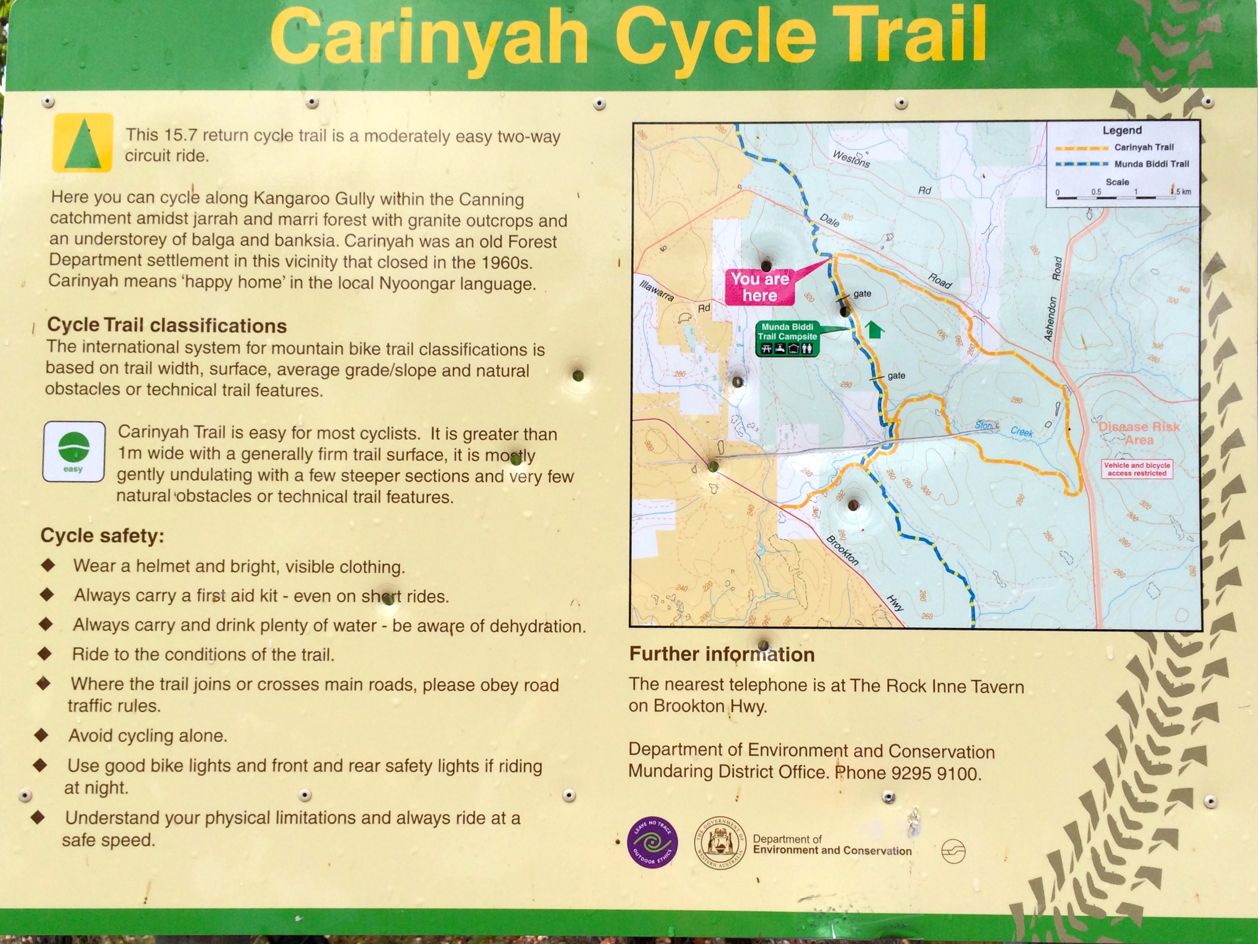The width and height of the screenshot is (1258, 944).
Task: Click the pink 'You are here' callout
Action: [x=759, y=287]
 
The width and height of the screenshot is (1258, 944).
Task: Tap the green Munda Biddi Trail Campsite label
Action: [x=787, y=338]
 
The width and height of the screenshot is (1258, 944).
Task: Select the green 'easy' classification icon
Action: [x=74, y=452]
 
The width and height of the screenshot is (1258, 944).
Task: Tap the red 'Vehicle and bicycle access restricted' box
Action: [x=1137, y=469]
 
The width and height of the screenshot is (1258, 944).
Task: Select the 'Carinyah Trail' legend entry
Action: [x=1144, y=147]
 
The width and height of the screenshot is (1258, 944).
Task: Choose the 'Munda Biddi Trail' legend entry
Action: [x=1151, y=164]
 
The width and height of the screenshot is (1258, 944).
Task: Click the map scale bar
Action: [x=1114, y=197]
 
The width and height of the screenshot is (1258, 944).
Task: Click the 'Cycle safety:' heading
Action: [x=102, y=536]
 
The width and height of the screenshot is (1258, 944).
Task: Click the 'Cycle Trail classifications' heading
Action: [x=167, y=325]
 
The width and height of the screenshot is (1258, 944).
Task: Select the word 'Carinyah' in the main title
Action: [x=429, y=38]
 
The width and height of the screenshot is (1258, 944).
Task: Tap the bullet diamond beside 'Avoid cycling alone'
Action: [x=41, y=735]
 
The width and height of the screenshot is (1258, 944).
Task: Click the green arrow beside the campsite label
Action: [x=875, y=329]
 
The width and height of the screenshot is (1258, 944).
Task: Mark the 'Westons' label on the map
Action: [x=851, y=159]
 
